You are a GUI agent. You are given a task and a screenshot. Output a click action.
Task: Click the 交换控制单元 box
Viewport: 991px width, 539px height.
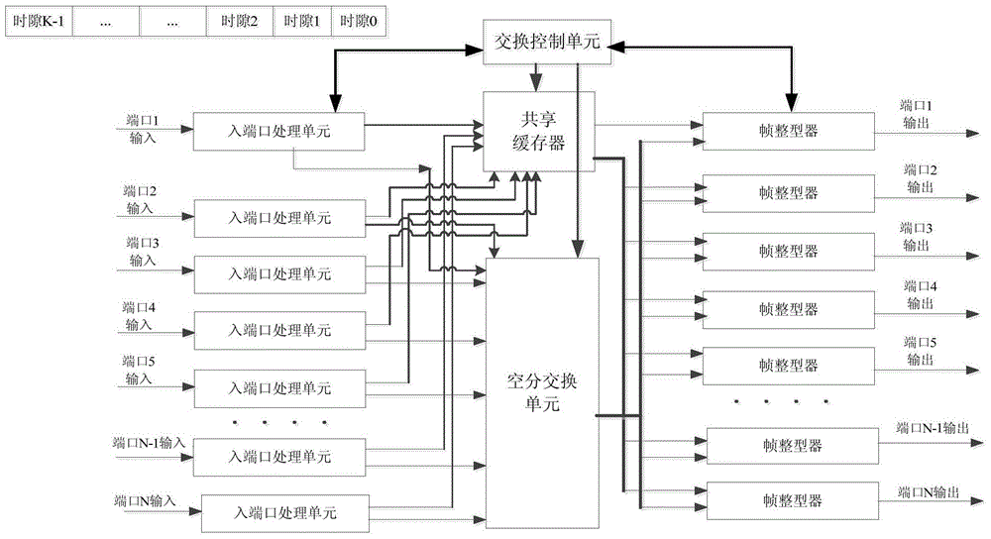[x=547, y=43]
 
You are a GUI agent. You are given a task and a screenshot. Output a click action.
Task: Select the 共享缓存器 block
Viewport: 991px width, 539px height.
[x=539, y=132]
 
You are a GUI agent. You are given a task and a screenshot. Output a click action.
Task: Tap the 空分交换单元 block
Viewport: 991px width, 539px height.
[x=542, y=392]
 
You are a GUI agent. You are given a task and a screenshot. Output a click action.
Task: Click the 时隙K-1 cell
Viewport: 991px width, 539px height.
[x=40, y=22]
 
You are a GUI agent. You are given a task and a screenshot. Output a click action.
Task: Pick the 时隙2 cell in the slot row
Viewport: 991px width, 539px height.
[x=240, y=22]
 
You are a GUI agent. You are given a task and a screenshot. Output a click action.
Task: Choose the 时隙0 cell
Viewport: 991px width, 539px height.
[x=359, y=22]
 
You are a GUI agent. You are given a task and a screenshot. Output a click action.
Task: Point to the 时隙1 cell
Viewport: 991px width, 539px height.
[x=302, y=22]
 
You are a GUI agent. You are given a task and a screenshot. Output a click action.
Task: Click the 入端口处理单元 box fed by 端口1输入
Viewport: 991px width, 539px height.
[x=278, y=132]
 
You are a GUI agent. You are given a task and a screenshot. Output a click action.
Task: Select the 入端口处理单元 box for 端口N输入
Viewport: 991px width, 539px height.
[x=285, y=512]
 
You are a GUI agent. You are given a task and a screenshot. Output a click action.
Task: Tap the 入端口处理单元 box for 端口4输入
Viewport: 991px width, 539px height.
[x=279, y=330]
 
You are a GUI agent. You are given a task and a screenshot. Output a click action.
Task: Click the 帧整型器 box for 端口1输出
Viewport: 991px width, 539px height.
[x=789, y=131]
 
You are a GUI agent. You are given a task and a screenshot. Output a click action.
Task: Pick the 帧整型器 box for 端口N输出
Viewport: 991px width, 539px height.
[x=793, y=501]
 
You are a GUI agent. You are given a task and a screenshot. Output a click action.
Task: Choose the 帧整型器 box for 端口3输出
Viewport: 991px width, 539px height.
[x=789, y=252]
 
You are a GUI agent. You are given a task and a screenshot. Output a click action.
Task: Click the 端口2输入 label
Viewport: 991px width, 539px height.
[x=140, y=200]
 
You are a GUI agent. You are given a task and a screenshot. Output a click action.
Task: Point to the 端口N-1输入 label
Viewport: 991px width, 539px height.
[x=150, y=443]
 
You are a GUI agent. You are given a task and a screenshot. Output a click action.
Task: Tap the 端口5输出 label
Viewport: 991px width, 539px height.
[x=921, y=351]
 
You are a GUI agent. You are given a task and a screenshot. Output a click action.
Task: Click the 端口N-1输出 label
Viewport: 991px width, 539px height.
[x=933, y=428]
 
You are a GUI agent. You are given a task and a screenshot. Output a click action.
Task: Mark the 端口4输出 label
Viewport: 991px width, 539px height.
[x=921, y=295]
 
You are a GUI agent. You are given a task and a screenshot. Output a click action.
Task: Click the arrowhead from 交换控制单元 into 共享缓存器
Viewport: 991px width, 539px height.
[x=536, y=83]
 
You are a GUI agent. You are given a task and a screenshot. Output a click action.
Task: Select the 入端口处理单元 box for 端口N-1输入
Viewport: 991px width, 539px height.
[x=279, y=457]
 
